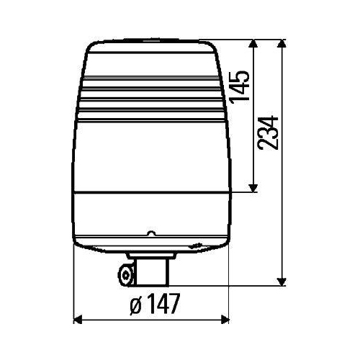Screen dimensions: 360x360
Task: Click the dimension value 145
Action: (242, 85)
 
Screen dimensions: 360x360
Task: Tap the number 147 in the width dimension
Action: (163, 305)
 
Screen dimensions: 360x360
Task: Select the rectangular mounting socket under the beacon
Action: (153, 271)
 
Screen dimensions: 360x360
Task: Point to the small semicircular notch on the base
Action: (150, 233)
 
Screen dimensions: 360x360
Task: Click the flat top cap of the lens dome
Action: (151, 44)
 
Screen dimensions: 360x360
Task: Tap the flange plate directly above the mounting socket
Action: (152, 256)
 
